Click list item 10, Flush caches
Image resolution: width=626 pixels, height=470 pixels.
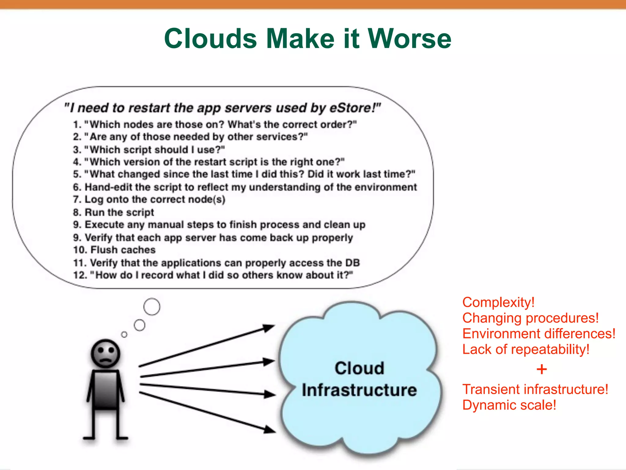coord(114,250)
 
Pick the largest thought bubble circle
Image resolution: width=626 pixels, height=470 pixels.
coord(152,307)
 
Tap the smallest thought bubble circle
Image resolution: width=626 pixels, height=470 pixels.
coord(124,334)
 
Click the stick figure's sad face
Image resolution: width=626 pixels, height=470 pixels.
coord(105,354)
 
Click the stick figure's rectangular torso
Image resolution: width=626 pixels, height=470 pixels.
coord(106,390)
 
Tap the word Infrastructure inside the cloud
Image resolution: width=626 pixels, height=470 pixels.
coord(359,390)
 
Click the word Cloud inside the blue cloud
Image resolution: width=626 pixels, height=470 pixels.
coord(359,368)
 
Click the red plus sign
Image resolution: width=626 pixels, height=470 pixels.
coord(541,369)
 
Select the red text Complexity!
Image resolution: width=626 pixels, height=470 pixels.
coord(498,302)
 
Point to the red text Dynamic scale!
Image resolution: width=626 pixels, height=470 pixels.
coord(509,405)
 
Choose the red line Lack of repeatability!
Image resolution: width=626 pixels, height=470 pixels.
coord(526,349)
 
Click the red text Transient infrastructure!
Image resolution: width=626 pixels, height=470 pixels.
coord(535,390)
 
